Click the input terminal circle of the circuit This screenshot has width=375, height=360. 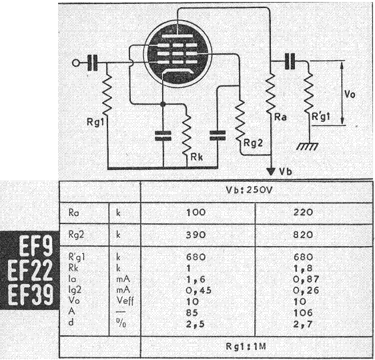(x=76, y=63)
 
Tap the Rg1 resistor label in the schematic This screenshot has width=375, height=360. (x=95, y=122)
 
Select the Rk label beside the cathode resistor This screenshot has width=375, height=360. (x=197, y=157)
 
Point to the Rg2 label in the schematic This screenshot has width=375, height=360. (x=253, y=143)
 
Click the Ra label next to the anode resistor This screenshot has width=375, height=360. (x=280, y=117)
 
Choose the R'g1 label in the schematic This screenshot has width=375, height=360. (x=321, y=117)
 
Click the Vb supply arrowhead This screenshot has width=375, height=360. (x=271, y=171)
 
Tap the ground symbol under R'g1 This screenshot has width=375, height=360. (x=308, y=146)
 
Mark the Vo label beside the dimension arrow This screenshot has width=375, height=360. (x=350, y=95)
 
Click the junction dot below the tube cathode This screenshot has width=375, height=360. (x=163, y=104)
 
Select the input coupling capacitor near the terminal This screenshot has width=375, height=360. (x=92, y=63)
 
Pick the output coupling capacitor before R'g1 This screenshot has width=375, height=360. (x=290, y=61)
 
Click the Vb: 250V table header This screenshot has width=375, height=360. (x=249, y=190)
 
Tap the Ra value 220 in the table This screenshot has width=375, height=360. (x=303, y=213)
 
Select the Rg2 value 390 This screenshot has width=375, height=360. (x=196, y=235)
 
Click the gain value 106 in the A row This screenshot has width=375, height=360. (x=303, y=313)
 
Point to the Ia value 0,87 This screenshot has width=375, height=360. (x=306, y=279)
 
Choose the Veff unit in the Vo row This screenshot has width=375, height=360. (x=125, y=301)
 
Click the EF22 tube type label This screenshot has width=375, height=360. (x=30, y=271)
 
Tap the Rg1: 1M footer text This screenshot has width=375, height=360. (x=246, y=347)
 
